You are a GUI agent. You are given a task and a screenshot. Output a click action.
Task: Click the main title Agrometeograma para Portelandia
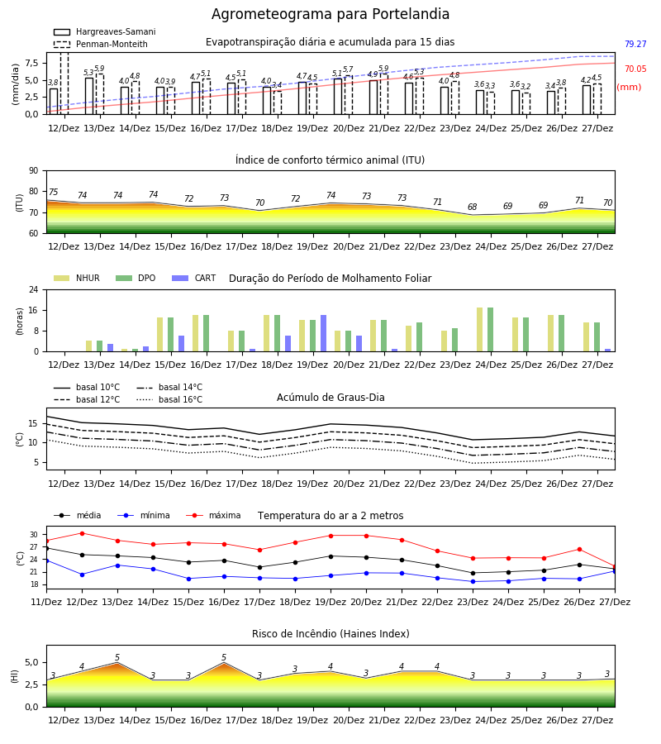point(330,14)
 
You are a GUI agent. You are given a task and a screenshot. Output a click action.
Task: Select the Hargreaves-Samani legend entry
point(104,31)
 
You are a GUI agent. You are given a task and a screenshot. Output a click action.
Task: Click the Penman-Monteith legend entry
point(101,44)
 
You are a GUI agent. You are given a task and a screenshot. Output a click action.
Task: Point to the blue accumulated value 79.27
point(635,44)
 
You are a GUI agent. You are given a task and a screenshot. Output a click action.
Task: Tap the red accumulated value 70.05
point(635,69)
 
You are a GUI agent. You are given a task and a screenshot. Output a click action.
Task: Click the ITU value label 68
point(473,207)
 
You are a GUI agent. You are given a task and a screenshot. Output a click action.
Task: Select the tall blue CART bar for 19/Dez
point(323,333)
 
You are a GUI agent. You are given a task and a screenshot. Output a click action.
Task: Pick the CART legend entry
point(194,278)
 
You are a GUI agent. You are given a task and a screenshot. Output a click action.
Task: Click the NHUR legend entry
point(77,278)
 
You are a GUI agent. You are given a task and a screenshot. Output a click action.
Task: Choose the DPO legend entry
point(136,278)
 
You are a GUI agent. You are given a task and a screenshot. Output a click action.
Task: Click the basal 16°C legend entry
point(169,399)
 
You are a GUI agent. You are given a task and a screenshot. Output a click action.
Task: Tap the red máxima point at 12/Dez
point(82,533)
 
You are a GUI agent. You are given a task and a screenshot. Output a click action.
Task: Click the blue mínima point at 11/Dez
point(46,560)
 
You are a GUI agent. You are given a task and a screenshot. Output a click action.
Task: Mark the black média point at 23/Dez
point(473,573)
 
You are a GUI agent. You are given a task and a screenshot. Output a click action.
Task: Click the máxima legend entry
point(213,515)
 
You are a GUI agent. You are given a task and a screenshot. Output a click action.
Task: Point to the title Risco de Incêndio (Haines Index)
point(330,633)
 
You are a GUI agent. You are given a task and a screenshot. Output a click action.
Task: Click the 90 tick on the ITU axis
point(34,171)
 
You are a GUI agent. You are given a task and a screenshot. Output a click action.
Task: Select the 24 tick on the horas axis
point(34,289)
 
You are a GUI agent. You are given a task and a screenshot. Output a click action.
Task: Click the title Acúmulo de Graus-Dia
point(330,397)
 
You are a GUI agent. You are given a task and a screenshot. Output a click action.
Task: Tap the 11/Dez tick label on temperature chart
point(46,602)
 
